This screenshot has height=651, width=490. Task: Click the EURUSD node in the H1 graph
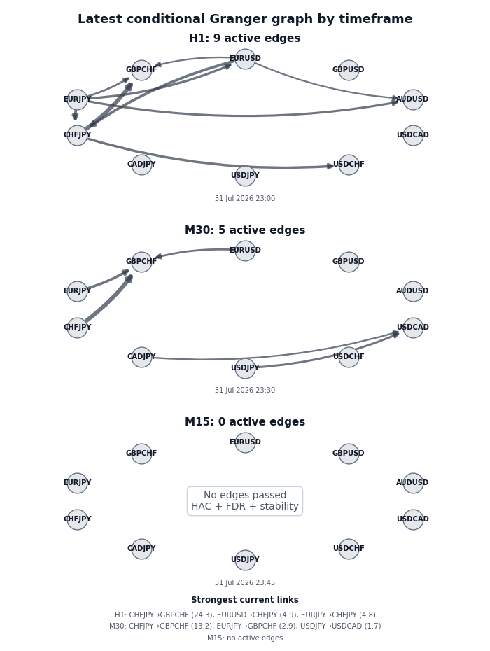point(245,59)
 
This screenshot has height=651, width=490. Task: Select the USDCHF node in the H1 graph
point(349,164)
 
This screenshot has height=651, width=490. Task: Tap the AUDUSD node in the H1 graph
point(413,99)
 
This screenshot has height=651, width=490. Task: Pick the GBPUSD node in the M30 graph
point(349,262)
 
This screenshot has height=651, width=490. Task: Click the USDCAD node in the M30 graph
point(413,327)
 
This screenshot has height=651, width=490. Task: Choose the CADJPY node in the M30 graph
point(141,356)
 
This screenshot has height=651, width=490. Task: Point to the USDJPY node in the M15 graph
point(245,560)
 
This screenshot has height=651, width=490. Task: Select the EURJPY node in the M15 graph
point(77,483)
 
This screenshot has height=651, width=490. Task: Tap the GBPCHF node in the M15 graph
point(141,454)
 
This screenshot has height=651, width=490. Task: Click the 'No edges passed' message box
point(245,501)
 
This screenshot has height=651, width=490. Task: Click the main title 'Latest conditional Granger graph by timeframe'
point(245,19)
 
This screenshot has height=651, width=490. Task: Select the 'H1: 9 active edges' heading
point(244,38)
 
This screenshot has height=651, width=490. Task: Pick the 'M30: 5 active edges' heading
point(245,230)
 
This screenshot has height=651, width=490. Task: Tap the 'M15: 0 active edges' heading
point(245,422)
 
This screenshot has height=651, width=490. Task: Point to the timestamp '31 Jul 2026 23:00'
point(245,199)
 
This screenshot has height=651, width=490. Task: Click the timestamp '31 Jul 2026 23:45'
point(245,583)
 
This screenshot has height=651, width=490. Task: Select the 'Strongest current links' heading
point(245,600)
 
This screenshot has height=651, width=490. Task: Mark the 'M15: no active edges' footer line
point(245,638)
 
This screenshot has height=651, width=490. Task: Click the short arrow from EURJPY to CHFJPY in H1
point(75,115)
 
